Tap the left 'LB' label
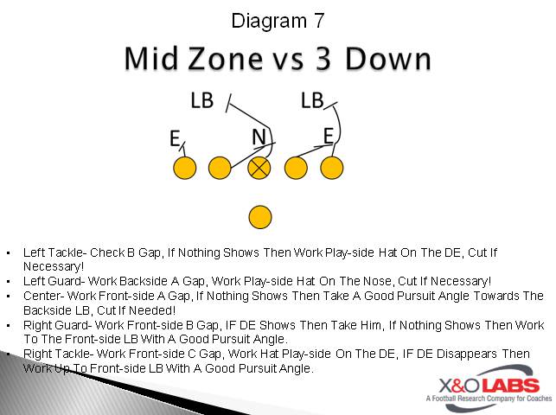[x=201, y=100]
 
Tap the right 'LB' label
[x=312, y=100]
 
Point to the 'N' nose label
[x=259, y=137]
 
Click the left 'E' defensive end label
[x=175, y=138]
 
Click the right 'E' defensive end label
[x=329, y=135]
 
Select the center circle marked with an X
[x=259, y=167]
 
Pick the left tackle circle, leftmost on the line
[x=184, y=167]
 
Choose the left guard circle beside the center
[x=220, y=167]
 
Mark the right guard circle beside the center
[x=297, y=167]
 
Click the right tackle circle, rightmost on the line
[x=332, y=167]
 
